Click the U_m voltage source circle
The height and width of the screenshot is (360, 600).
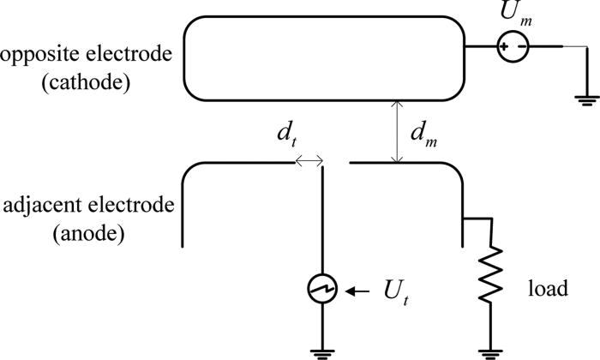point(514,46)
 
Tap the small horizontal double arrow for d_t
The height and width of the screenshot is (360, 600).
point(309,160)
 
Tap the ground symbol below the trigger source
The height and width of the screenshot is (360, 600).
point(322,349)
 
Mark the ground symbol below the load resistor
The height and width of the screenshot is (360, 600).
point(492,349)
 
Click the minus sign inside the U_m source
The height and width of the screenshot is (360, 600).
point(521,46)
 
